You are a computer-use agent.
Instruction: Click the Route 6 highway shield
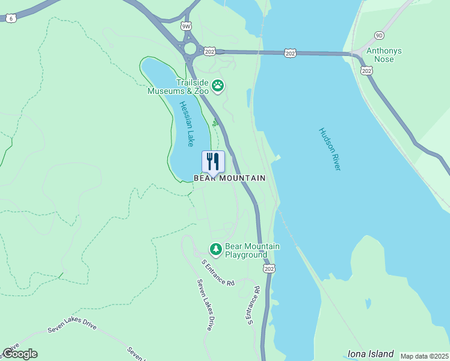click(11, 19)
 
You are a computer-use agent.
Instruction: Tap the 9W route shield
click(186, 26)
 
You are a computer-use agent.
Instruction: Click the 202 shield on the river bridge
click(291, 54)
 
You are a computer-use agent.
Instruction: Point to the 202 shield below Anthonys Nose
click(366, 71)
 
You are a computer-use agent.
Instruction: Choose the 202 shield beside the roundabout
click(209, 52)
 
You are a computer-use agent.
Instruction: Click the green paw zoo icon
click(218, 87)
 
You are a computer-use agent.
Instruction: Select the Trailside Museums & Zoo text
click(179, 87)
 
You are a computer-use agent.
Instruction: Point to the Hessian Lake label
click(187, 123)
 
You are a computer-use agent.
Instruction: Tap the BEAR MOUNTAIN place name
click(229, 179)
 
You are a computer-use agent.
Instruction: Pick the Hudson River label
click(330, 149)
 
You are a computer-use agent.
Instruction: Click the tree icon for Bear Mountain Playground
click(215, 248)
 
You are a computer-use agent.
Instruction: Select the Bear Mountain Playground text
click(252, 251)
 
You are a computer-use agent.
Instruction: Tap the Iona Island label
click(371, 354)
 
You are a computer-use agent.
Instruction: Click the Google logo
click(20, 354)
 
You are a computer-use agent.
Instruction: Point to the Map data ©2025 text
click(424, 356)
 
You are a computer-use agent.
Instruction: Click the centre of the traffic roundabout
click(191, 49)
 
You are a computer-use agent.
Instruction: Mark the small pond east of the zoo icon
click(249, 98)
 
